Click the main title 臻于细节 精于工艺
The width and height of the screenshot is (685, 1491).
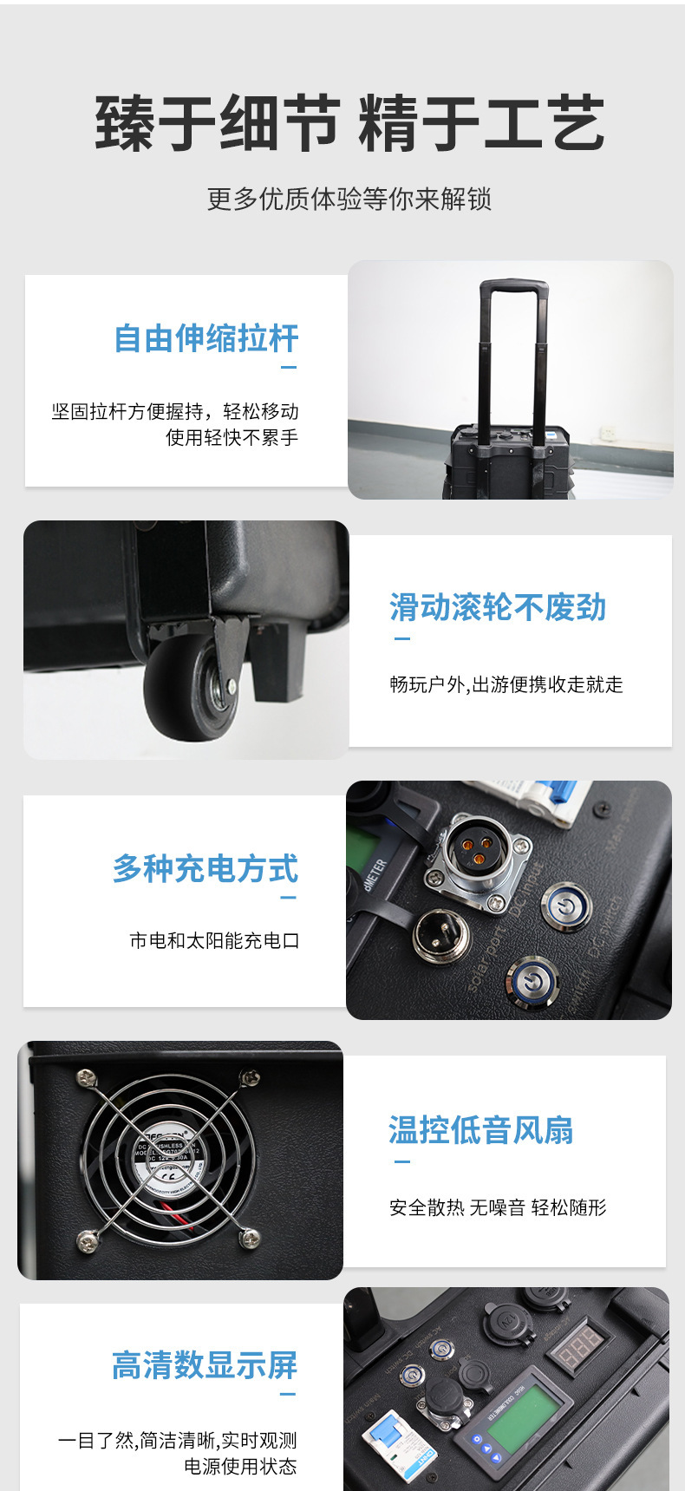pos(349,124)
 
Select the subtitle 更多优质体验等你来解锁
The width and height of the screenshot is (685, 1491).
pos(349,199)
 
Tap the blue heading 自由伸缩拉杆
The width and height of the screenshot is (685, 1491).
pos(206,338)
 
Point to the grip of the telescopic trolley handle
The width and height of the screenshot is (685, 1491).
pos(514,285)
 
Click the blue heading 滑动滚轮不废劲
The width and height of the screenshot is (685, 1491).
pos(498,608)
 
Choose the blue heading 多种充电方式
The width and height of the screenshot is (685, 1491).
pos(205,869)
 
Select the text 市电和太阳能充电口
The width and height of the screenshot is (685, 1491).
pos(214,940)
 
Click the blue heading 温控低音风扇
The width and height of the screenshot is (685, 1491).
pos(481,1130)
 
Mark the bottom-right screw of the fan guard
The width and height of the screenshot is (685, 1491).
pos(249,1238)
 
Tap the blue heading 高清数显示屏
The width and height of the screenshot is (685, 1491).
pos(205,1365)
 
